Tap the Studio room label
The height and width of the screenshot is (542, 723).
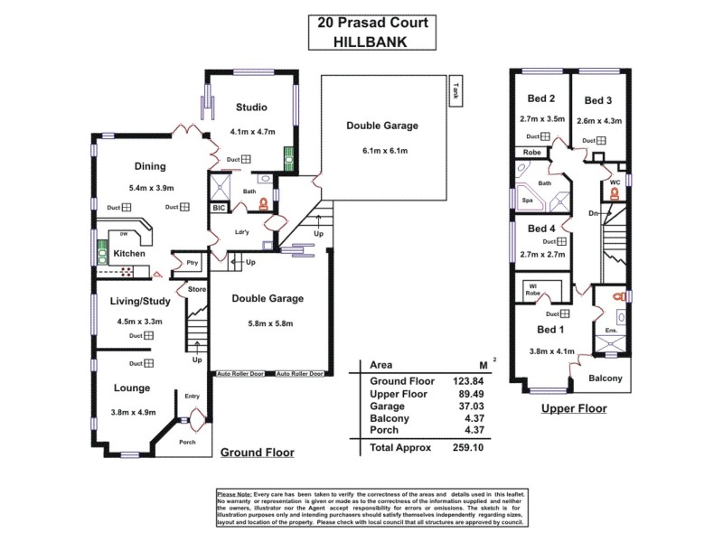(250, 107)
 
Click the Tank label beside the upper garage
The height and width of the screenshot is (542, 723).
(455, 90)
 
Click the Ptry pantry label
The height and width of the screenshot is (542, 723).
(192, 263)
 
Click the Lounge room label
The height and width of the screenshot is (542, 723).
(131, 388)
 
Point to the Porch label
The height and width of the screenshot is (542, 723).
(187, 442)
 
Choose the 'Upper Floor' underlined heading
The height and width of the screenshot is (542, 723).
(573, 408)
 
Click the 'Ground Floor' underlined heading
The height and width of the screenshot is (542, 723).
(257, 453)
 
